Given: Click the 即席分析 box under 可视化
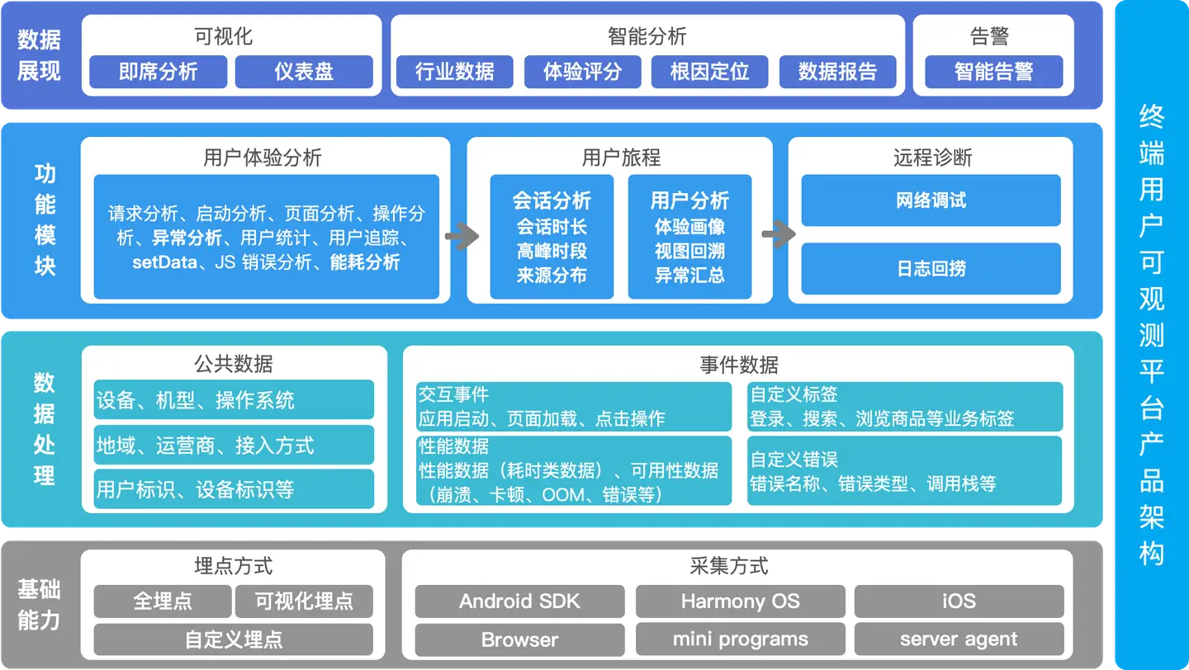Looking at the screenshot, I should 158,72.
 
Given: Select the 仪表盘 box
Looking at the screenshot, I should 304,72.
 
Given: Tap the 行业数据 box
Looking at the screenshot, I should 455,72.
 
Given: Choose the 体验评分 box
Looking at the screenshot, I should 582,72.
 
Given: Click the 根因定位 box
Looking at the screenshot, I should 709,72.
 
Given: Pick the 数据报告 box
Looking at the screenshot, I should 837,72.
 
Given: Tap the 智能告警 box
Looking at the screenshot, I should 993,72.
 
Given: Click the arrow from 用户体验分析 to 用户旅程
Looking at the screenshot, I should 462,237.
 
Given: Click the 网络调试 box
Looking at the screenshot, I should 931,201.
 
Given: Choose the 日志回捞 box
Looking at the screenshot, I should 931,269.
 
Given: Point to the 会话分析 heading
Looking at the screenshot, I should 552,201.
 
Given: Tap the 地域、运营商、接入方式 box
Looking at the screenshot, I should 234,446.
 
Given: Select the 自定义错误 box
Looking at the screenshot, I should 905,471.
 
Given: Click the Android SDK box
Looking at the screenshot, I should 519,602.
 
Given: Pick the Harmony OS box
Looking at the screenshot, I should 740,602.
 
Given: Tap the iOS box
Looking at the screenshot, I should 959,602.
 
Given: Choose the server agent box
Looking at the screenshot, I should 959,639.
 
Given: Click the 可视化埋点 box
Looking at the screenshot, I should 304,602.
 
